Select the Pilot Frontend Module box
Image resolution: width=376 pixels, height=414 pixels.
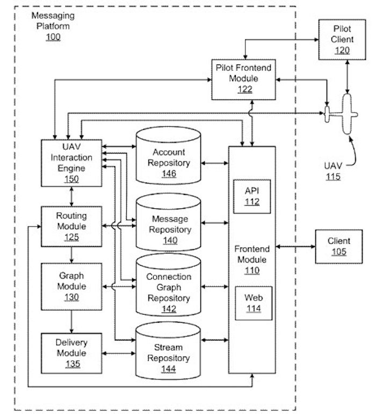tap(244, 79)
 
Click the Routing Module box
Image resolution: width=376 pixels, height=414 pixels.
tap(71, 225)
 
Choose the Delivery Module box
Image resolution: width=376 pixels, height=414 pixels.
tap(71, 352)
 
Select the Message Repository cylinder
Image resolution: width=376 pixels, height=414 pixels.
tap(169, 228)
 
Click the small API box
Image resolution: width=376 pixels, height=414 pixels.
tap(252, 195)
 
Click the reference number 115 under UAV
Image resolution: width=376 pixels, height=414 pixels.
tap(332, 176)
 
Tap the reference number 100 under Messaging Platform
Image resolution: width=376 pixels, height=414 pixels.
tap(53, 37)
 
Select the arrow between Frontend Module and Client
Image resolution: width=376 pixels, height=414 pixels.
tap(295, 246)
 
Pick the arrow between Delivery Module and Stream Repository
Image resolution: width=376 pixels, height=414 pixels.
tap(118, 353)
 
